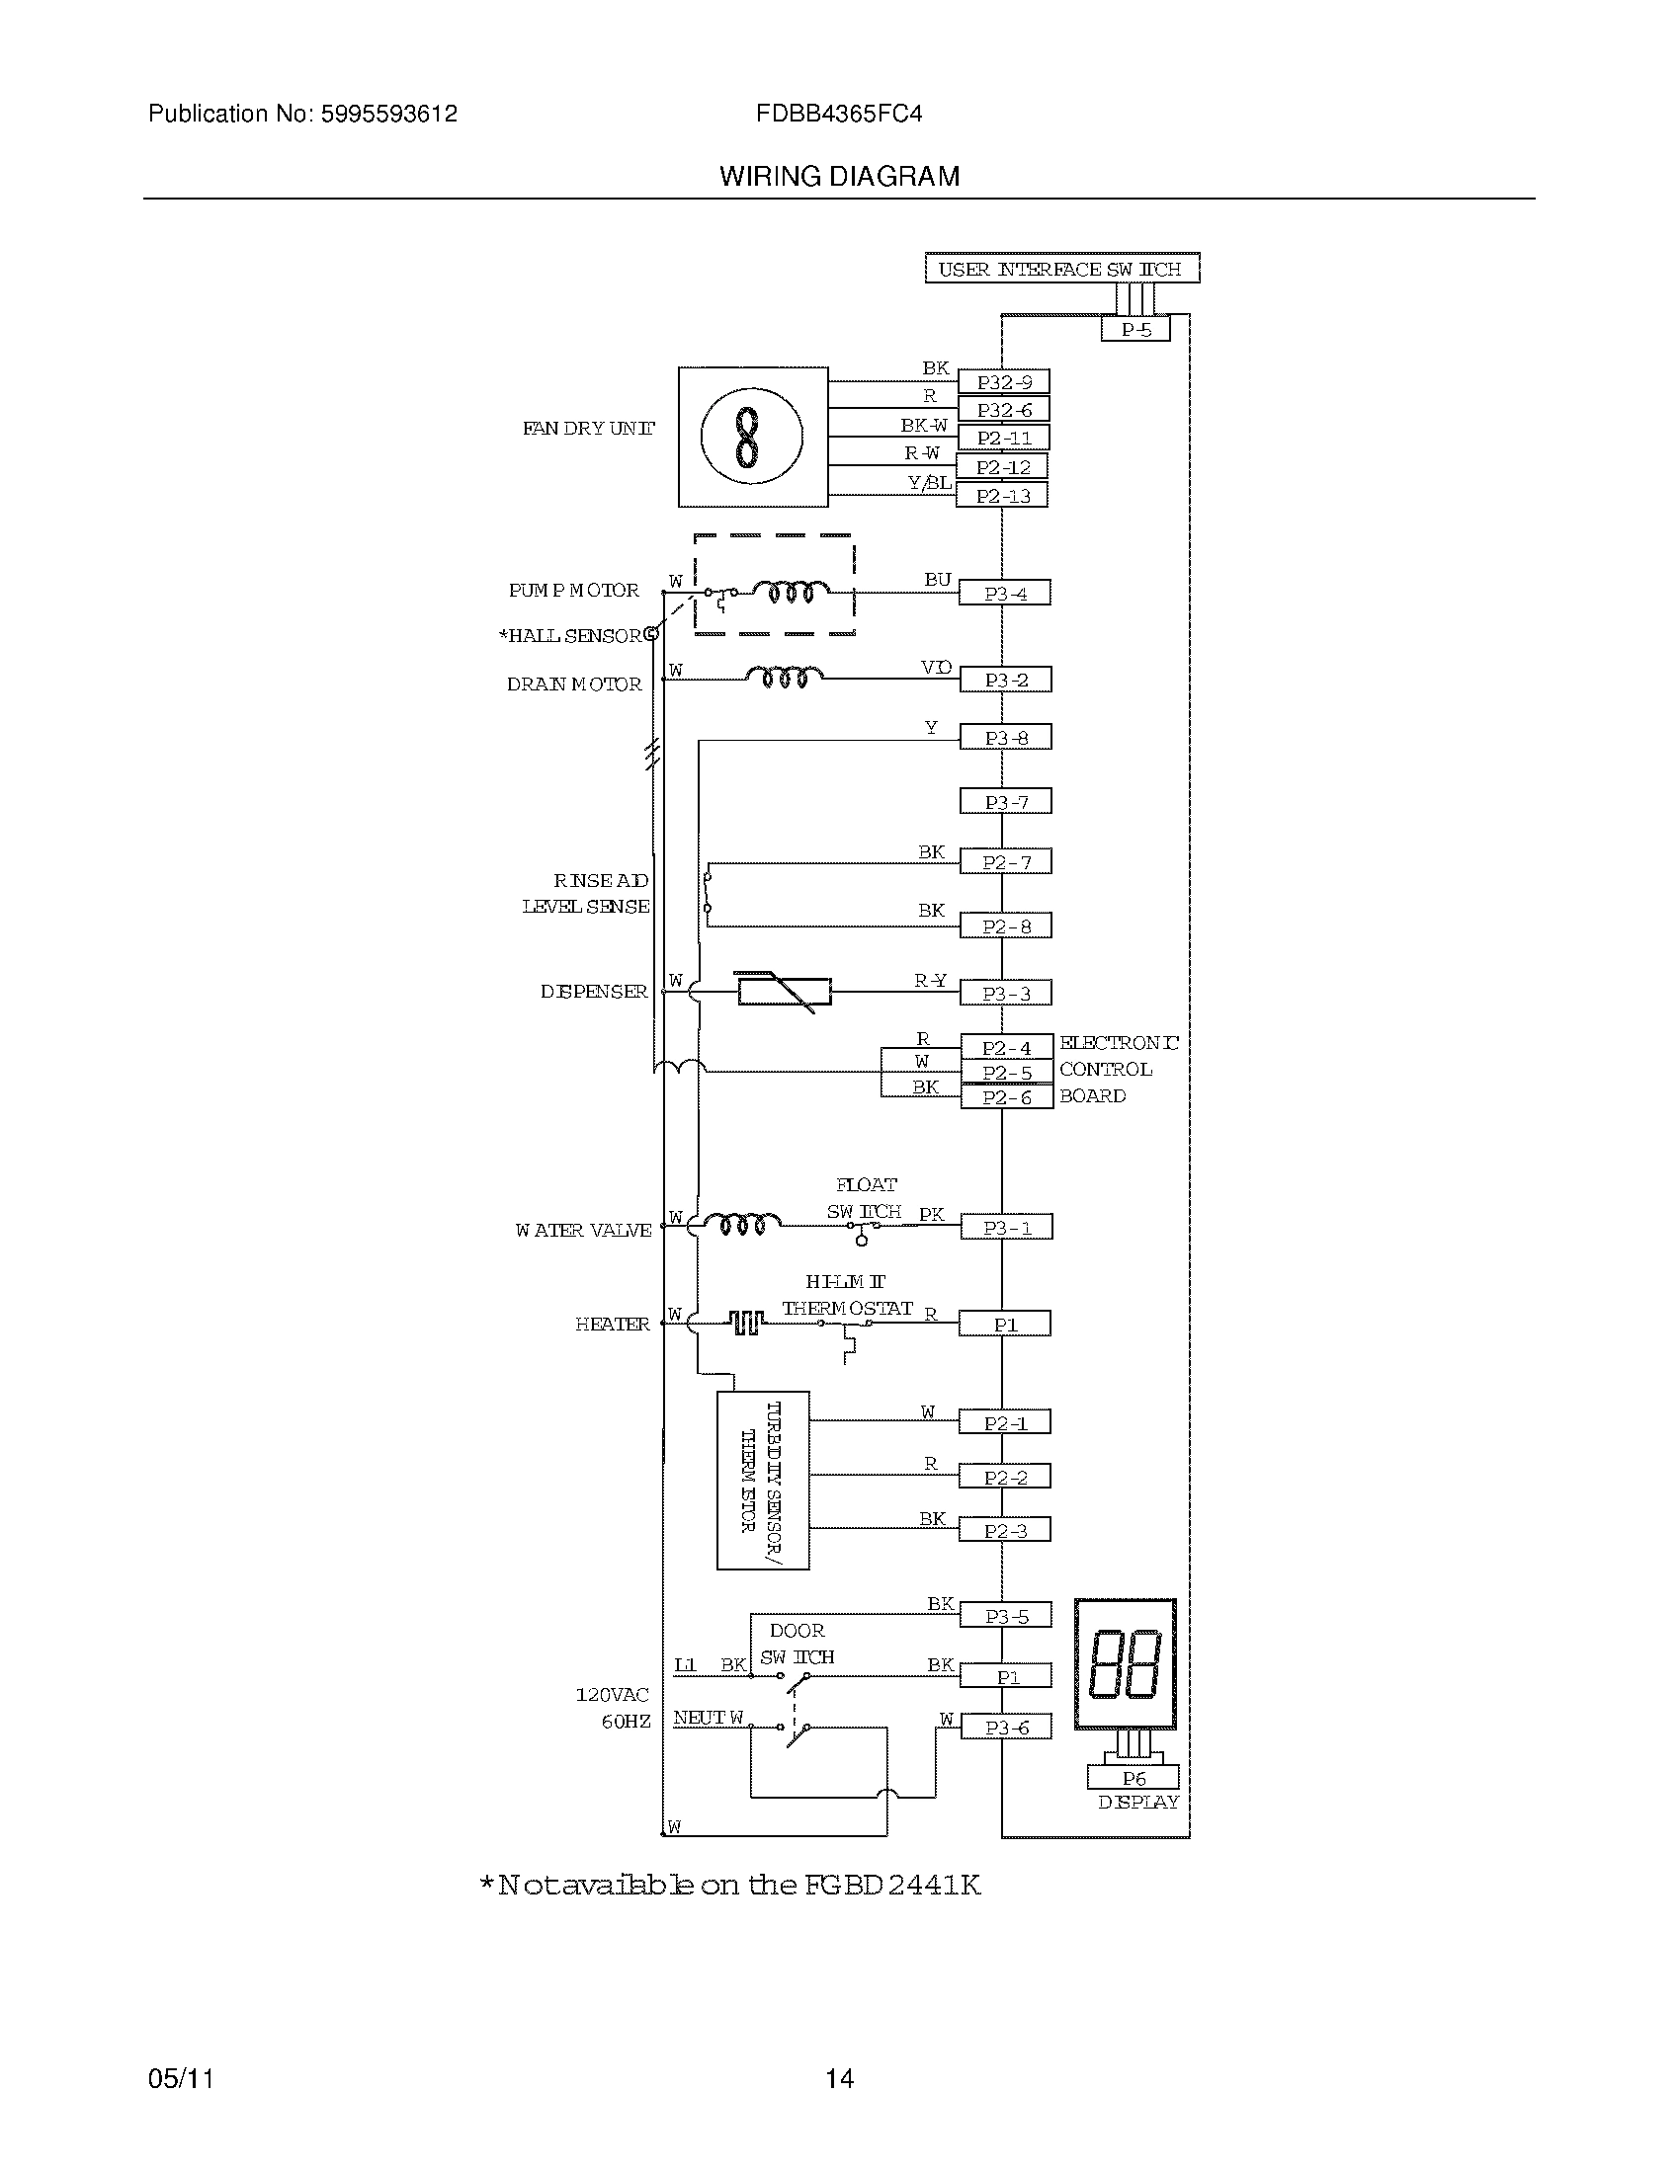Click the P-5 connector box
1134,329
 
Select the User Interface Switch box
1061,269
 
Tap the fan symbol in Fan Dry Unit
751,437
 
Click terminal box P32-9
1003,382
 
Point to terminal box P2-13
1001,496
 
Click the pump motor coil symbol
791,593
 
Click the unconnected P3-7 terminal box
1005,802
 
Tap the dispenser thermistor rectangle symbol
785,992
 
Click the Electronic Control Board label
1117,1070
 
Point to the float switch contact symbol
862,1231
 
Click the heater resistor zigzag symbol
746,1323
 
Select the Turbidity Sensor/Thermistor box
762,1481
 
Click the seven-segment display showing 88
1125,1663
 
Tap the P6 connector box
1133,1778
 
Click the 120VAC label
611,1694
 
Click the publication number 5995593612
388,115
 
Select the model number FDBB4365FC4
838,115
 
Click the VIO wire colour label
936,668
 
